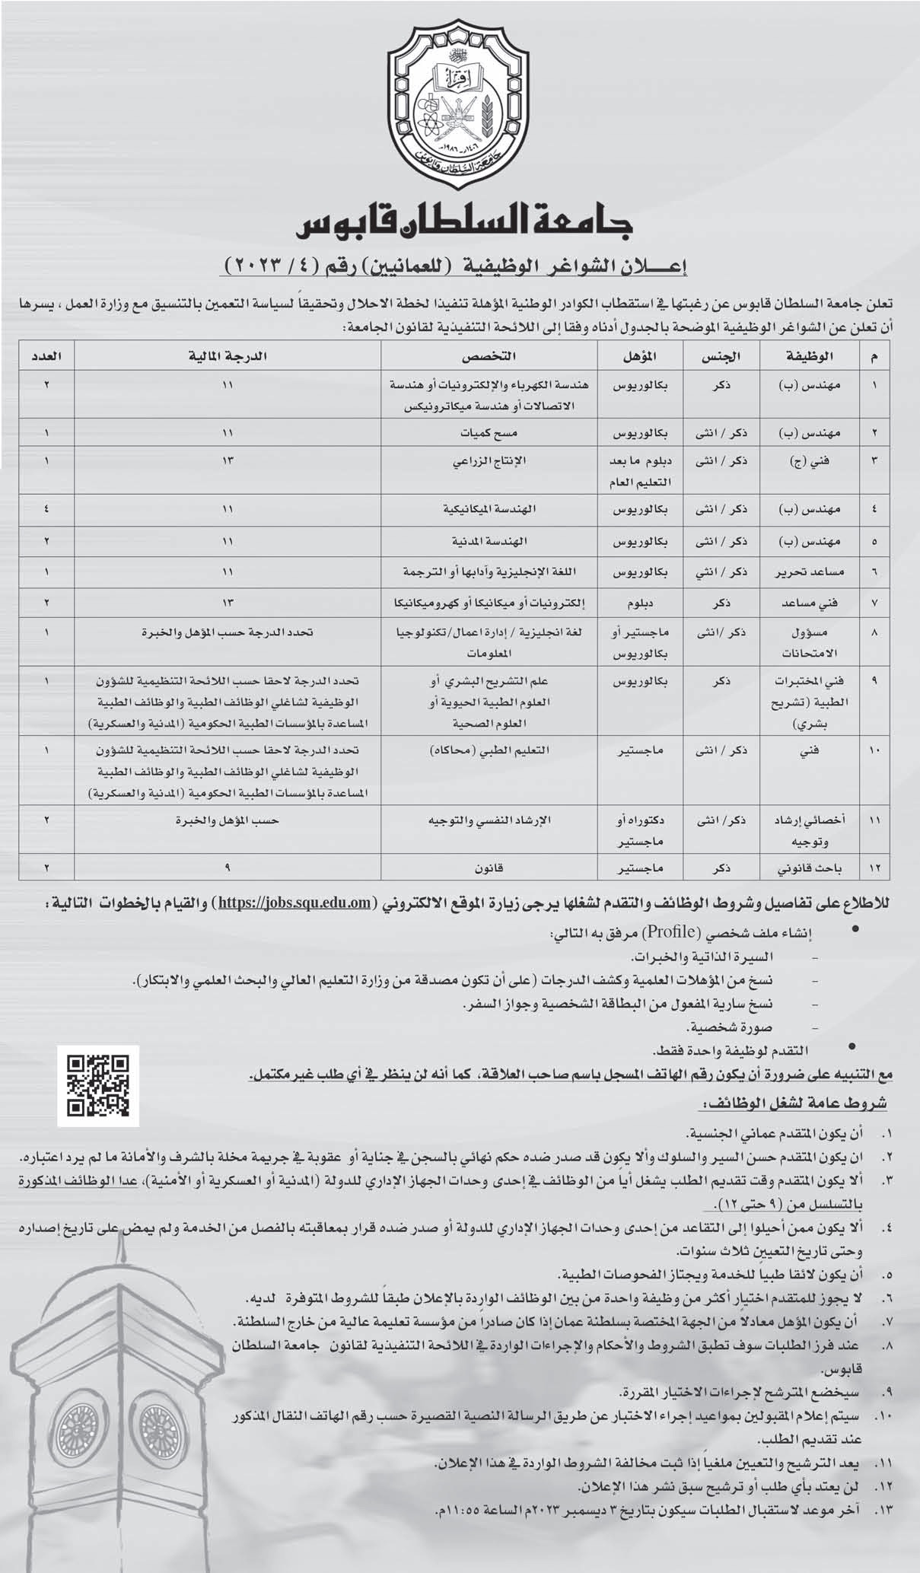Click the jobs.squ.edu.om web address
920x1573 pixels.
pos(298,903)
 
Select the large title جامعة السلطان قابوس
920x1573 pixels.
pos(459,224)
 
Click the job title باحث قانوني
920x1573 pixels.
pos(810,867)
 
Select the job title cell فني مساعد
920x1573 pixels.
pos(810,602)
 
